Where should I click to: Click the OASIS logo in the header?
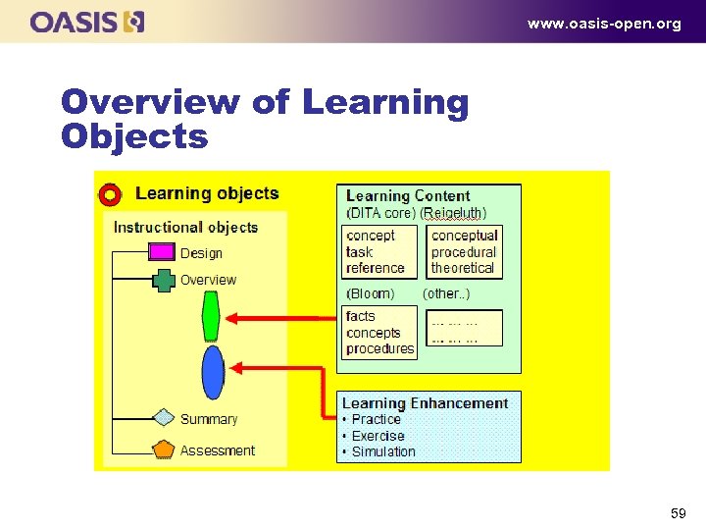point(87,22)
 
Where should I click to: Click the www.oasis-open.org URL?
point(604,24)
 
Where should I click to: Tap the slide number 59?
point(678,513)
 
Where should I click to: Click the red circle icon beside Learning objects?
point(111,195)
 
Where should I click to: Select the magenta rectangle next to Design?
point(161,252)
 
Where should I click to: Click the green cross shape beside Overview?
point(164,280)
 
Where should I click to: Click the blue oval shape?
point(213,372)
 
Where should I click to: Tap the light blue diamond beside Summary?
point(164,418)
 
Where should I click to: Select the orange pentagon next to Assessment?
point(164,450)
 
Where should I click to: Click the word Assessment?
point(218,450)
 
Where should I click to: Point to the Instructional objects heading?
point(186,228)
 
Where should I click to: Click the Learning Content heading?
point(408,196)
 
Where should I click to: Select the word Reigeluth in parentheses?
point(453,213)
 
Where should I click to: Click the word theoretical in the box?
point(463,268)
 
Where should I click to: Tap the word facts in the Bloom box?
point(361,316)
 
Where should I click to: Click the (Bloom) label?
point(371,293)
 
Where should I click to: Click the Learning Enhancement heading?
point(425,403)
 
